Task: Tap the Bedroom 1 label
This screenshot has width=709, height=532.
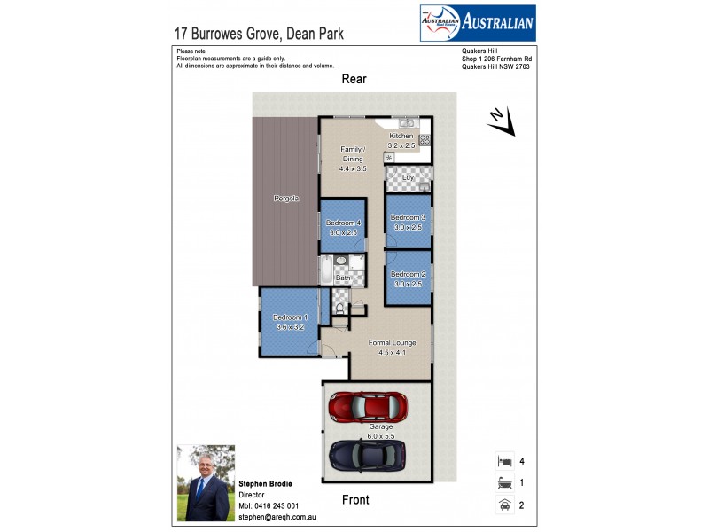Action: (x=290, y=317)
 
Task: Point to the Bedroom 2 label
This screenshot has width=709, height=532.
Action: (x=409, y=274)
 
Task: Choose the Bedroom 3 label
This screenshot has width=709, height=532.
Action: (x=409, y=217)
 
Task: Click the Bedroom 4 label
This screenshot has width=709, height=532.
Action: (x=343, y=223)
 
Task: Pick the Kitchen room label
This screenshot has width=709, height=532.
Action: (x=401, y=136)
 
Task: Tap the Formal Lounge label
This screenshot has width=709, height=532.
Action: (x=392, y=342)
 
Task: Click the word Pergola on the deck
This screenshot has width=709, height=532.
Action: (x=285, y=199)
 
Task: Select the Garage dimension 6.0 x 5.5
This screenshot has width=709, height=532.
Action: (x=381, y=435)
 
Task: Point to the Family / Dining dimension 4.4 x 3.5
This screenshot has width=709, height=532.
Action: (x=352, y=168)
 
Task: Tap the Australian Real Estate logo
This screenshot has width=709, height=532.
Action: (x=477, y=22)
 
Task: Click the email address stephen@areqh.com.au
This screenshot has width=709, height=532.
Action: (x=277, y=516)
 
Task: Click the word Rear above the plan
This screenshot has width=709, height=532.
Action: (x=354, y=79)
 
